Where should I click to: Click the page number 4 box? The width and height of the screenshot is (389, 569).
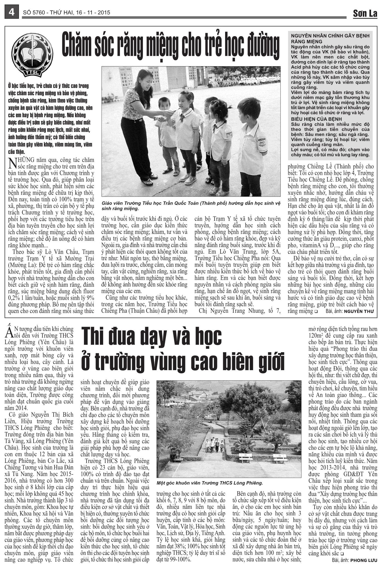(x=11, y=12)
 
